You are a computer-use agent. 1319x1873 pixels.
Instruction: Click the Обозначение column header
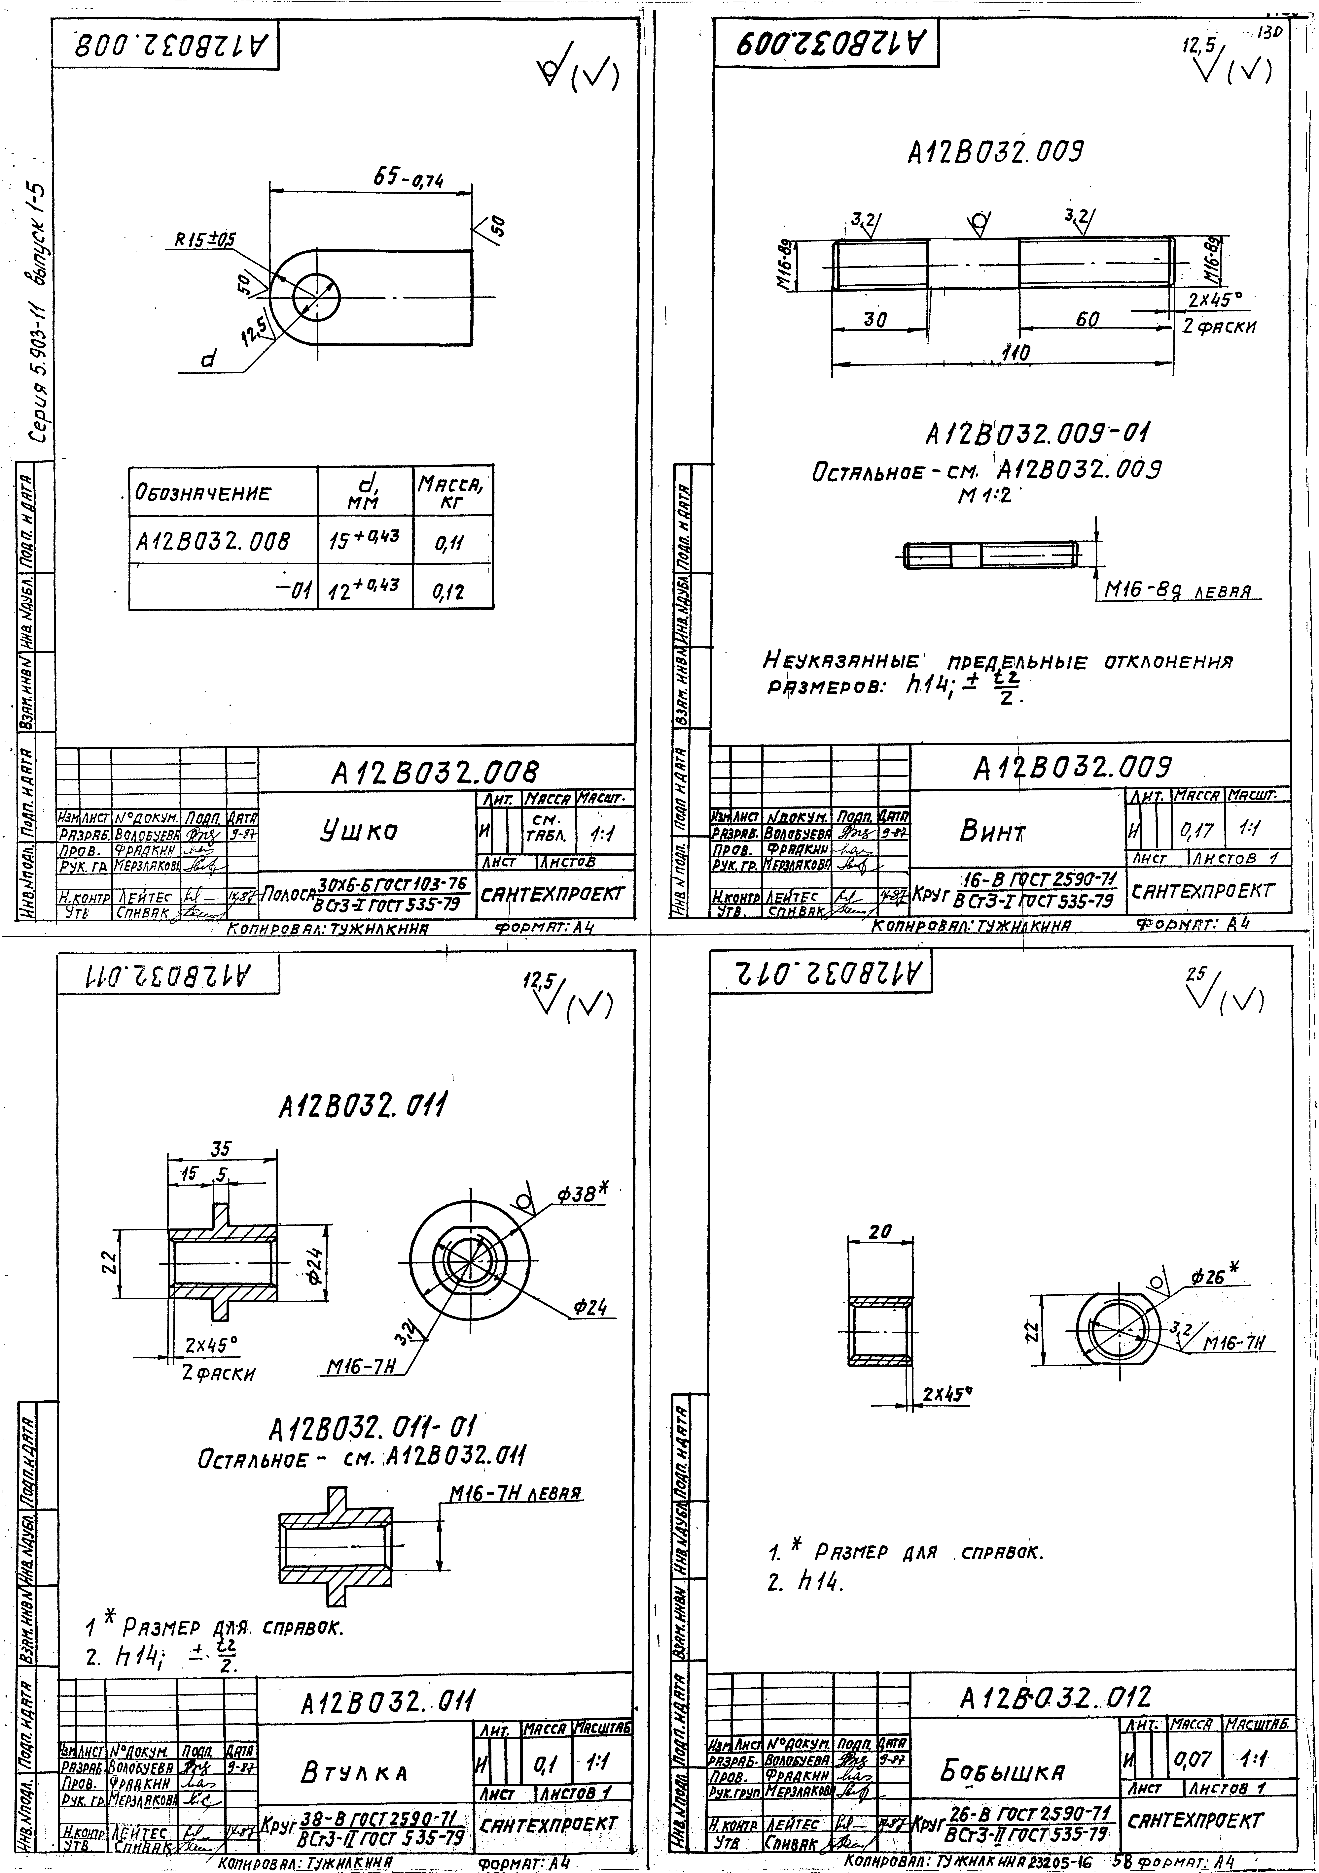(x=202, y=493)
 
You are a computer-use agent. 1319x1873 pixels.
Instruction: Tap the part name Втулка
(x=353, y=1773)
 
